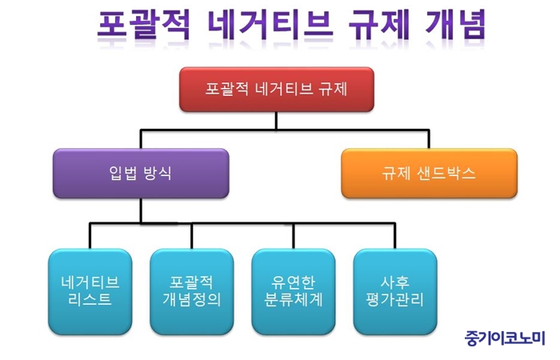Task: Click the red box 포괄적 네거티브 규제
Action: pyautogui.click(x=277, y=90)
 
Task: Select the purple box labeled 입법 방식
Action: pyautogui.click(x=141, y=174)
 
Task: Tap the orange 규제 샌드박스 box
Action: pyautogui.click(x=429, y=174)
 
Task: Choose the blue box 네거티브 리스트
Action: pyautogui.click(x=90, y=292)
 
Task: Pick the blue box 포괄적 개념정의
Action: pyautogui.click(x=192, y=292)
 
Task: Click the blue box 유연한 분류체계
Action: pyautogui.click(x=294, y=292)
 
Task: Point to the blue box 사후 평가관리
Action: pyautogui.click(x=395, y=292)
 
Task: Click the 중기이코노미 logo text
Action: pyautogui.click(x=505, y=338)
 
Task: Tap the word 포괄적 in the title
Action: pyautogui.click(x=143, y=25)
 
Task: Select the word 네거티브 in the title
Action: pyautogui.click(x=270, y=25)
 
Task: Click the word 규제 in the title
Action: pyautogui.click(x=378, y=25)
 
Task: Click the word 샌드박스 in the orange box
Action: pyautogui.click(x=446, y=174)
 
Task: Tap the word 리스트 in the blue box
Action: pyautogui.click(x=90, y=299)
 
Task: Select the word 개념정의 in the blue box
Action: pyautogui.click(x=192, y=299)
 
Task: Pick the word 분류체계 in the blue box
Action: pyautogui.click(x=294, y=299)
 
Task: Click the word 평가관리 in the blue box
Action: pyautogui.click(x=395, y=299)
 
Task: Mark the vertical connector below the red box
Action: pyautogui.click(x=276, y=121)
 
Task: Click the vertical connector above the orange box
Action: pyautogui.click(x=429, y=139)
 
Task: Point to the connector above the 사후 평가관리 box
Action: pyautogui.click(x=394, y=236)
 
